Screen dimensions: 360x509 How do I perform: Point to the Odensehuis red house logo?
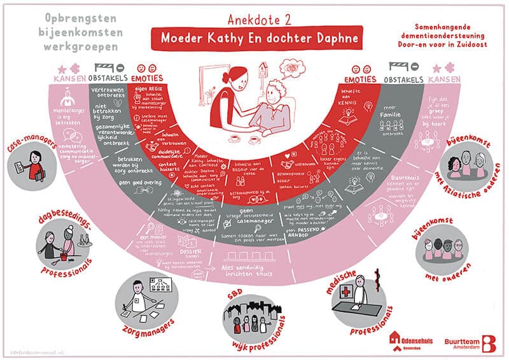[x=396, y=342]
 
